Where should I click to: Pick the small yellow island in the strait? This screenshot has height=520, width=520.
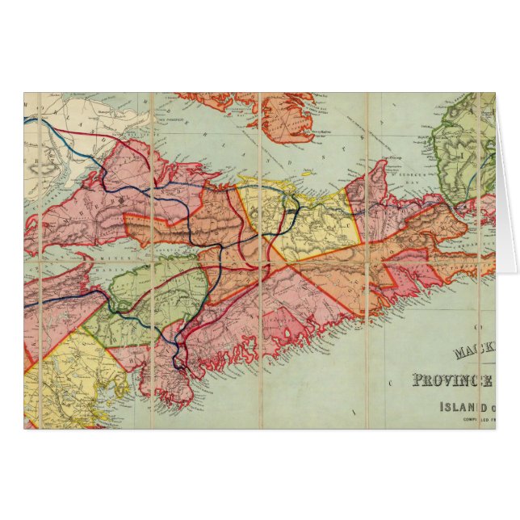click(307, 172)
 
